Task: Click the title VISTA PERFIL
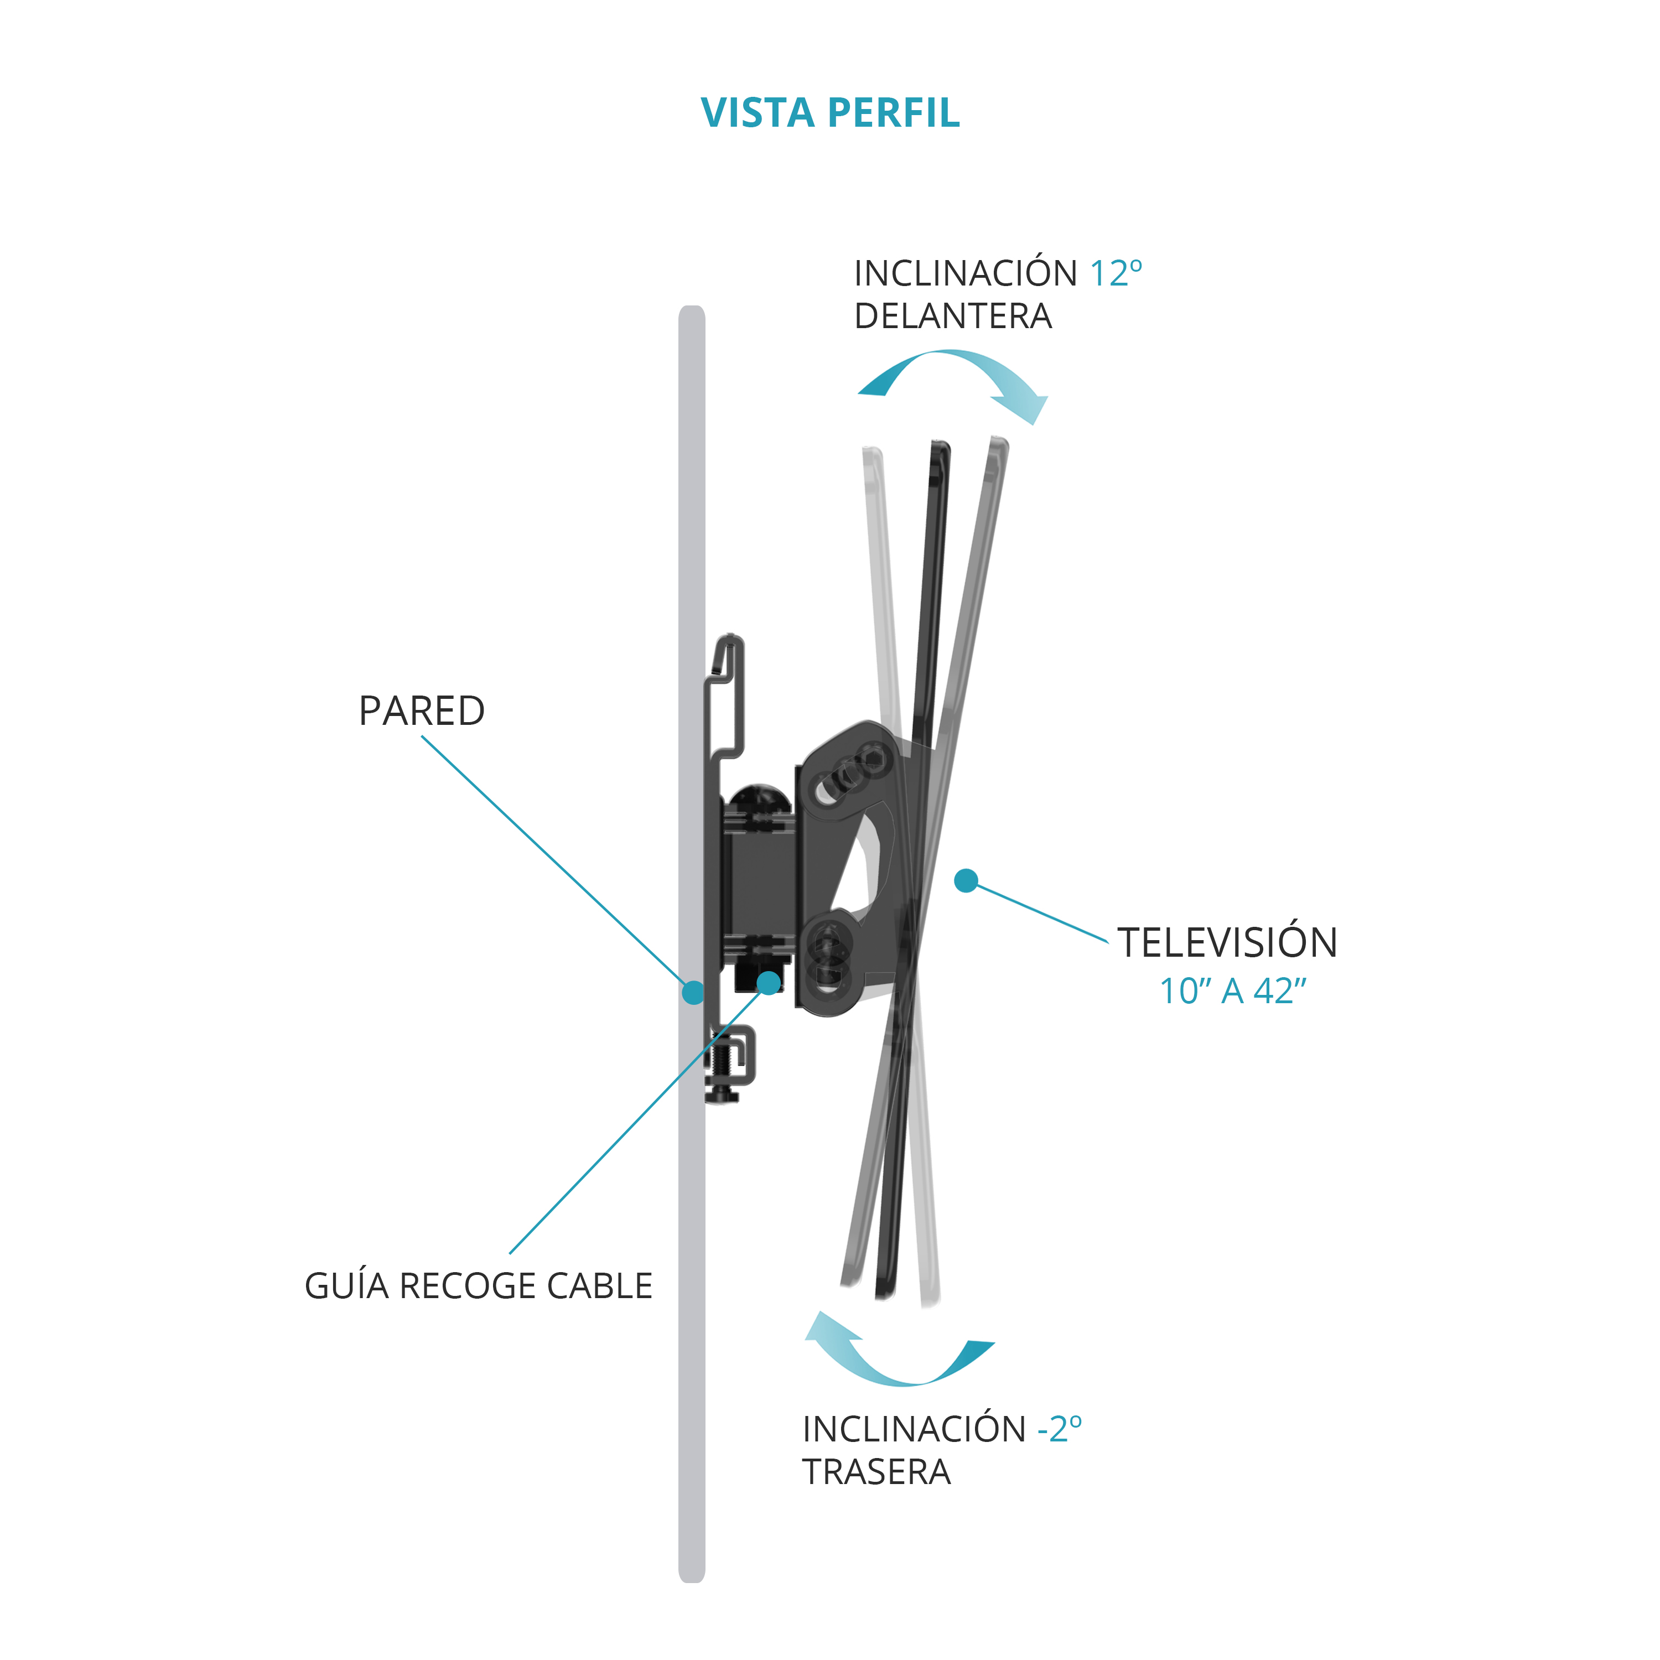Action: (830, 112)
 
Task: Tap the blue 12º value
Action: (1116, 273)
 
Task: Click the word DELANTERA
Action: (953, 316)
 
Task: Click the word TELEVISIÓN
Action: (1227, 942)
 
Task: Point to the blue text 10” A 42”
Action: (1233, 990)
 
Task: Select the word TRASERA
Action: (876, 1472)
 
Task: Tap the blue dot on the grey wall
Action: (693, 992)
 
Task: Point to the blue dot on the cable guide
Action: (769, 982)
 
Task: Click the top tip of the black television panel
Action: (942, 444)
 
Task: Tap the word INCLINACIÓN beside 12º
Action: (965, 273)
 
